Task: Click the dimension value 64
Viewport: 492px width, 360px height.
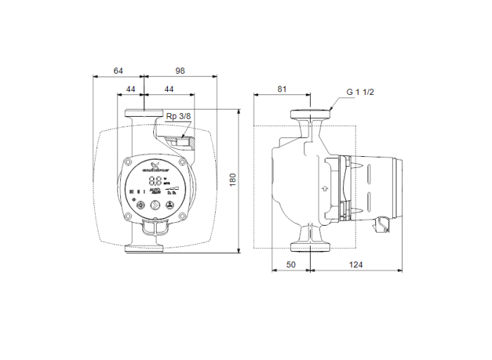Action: click(x=117, y=70)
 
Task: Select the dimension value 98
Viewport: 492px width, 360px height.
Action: click(x=181, y=70)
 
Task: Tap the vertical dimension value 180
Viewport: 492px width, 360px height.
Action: click(x=233, y=179)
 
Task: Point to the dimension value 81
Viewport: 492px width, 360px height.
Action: click(x=282, y=89)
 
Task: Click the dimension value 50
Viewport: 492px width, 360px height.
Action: click(x=291, y=264)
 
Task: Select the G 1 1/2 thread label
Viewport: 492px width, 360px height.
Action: click(x=361, y=92)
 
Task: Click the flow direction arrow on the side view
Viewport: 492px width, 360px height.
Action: click(x=323, y=188)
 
